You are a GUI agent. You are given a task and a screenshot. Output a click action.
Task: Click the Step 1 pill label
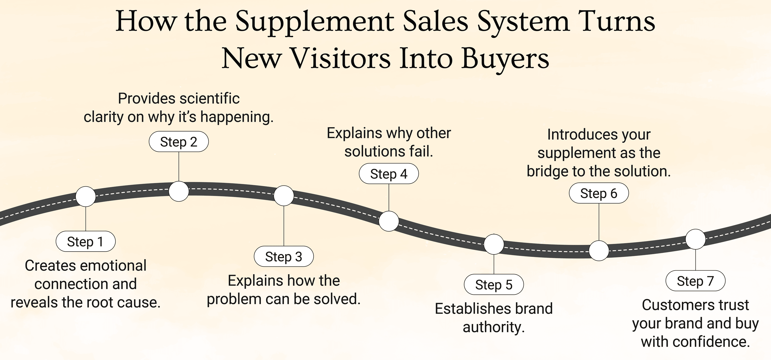[x=85, y=242]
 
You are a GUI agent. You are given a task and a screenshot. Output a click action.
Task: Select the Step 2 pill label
[x=179, y=142]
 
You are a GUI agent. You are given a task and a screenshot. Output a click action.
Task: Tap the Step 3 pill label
[x=283, y=256]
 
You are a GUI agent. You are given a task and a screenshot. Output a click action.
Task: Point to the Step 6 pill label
[x=599, y=193]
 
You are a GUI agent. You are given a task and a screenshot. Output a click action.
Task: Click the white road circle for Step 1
[x=86, y=197]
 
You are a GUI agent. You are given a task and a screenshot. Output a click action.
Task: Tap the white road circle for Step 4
[x=389, y=221]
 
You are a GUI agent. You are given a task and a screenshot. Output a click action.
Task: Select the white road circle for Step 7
[x=695, y=239]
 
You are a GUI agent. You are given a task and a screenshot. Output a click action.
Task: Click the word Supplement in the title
[x=314, y=22]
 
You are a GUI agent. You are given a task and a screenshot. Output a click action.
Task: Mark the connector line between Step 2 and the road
[x=179, y=167]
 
